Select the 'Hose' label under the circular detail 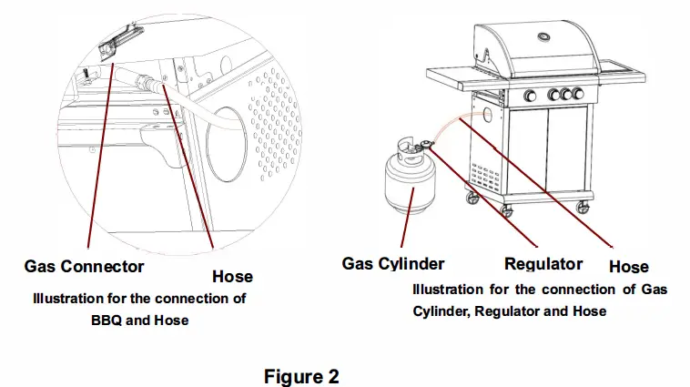232,276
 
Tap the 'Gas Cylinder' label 392,264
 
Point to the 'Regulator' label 543,264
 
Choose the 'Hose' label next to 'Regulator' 628,267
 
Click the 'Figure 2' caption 301,376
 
